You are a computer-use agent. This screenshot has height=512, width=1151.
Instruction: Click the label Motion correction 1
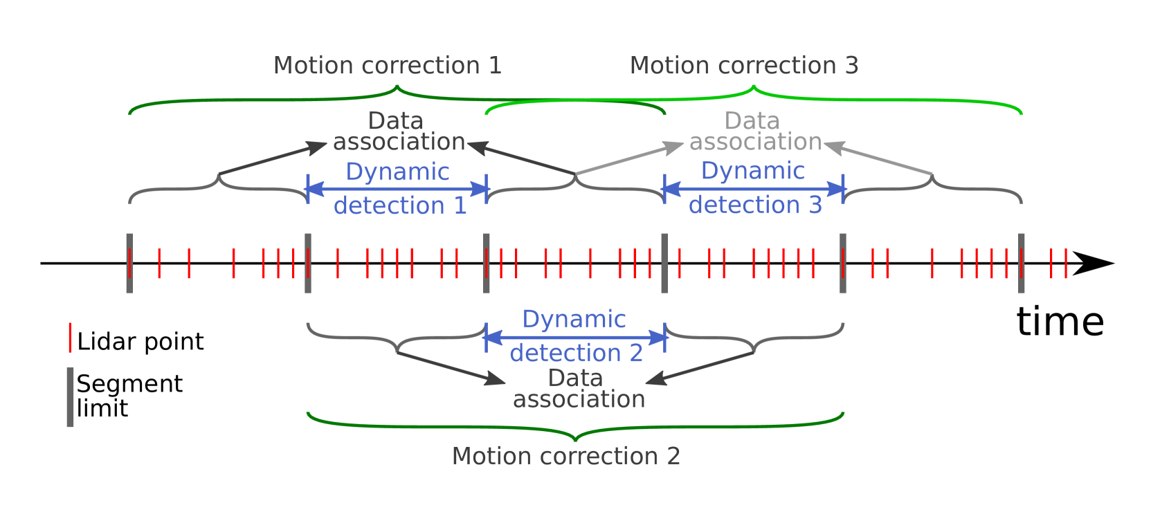(x=387, y=66)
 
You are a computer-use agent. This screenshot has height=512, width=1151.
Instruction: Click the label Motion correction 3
(x=744, y=66)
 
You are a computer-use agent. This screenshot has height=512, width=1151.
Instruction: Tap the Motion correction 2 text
(x=565, y=456)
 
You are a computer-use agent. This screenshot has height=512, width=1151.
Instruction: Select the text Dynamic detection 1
(x=399, y=188)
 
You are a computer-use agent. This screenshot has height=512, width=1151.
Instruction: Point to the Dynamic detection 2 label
(x=575, y=336)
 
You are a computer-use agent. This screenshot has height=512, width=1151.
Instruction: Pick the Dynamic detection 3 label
(x=754, y=188)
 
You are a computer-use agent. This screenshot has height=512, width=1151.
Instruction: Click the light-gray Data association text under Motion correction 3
(x=754, y=131)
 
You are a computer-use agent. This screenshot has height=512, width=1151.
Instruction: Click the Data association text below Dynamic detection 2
(x=579, y=389)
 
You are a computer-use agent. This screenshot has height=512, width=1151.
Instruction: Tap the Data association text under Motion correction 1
(x=399, y=131)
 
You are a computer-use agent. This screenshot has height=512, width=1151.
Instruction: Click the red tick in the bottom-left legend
(x=70, y=337)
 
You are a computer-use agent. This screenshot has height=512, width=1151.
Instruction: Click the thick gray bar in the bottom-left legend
(x=70, y=396)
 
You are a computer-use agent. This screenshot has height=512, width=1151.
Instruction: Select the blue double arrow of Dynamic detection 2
(x=575, y=338)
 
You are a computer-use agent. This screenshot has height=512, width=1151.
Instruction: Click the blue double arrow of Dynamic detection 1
(x=397, y=189)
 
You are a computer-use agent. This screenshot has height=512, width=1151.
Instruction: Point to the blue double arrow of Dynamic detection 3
(x=754, y=188)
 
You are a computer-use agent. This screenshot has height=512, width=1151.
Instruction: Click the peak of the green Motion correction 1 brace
(x=397, y=88)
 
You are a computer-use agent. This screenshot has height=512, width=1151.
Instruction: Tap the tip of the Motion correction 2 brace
(x=575, y=439)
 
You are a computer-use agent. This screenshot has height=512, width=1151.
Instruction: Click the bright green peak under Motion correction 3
(x=754, y=88)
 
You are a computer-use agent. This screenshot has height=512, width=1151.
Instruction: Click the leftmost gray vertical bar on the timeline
(x=129, y=263)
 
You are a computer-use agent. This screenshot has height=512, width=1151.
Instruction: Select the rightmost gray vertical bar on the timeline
(x=1021, y=263)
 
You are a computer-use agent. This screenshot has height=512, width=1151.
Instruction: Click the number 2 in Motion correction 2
(x=673, y=456)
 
